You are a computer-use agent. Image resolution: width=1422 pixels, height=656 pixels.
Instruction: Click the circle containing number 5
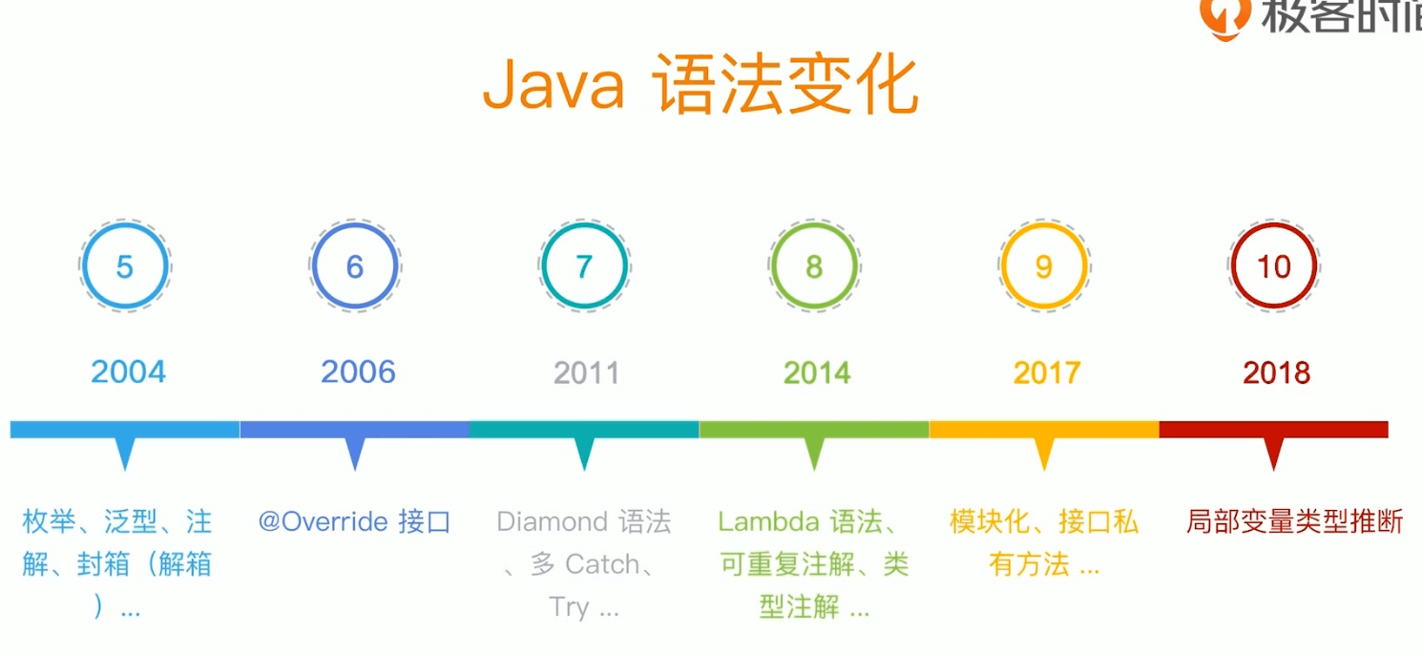(x=84, y=266)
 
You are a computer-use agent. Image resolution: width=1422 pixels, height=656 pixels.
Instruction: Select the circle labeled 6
(x=314, y=266)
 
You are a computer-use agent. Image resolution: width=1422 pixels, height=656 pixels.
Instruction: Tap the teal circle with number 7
(x=543, y=266)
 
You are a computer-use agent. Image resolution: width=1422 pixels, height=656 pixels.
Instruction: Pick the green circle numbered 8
(x=773, y=266)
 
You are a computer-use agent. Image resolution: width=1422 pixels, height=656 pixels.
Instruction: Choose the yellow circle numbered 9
(x=1003, y=266)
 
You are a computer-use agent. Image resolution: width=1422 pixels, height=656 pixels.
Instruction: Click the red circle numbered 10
(x=1233, y=266)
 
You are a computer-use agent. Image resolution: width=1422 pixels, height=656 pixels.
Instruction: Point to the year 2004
(x=128, y=372)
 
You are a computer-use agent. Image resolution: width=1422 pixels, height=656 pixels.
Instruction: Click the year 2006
(x=358, y=372)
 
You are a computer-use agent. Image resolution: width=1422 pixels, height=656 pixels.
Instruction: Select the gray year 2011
(x=587, y=373)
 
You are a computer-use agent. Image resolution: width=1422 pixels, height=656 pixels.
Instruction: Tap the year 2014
(x=817, y=373)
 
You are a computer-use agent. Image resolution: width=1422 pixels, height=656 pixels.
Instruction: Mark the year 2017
(x=1047, y=373)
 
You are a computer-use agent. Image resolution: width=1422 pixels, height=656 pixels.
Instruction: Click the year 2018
(x=1277, y=373)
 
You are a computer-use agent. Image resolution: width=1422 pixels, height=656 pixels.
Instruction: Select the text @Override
(x=323, y=522)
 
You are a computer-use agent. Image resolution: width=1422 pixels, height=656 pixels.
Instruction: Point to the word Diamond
(x=553, y=522)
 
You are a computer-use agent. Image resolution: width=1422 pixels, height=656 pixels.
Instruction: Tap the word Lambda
(x=768, y=522)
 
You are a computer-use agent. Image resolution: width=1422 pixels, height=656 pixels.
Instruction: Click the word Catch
(x=602, y=564)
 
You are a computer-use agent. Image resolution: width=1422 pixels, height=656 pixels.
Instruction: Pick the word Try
(x=569, y=607)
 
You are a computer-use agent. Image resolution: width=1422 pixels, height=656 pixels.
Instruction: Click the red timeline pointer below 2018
(x=1273, y=454)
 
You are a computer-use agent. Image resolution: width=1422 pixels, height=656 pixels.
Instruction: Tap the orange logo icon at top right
(x=1225, y=19)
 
